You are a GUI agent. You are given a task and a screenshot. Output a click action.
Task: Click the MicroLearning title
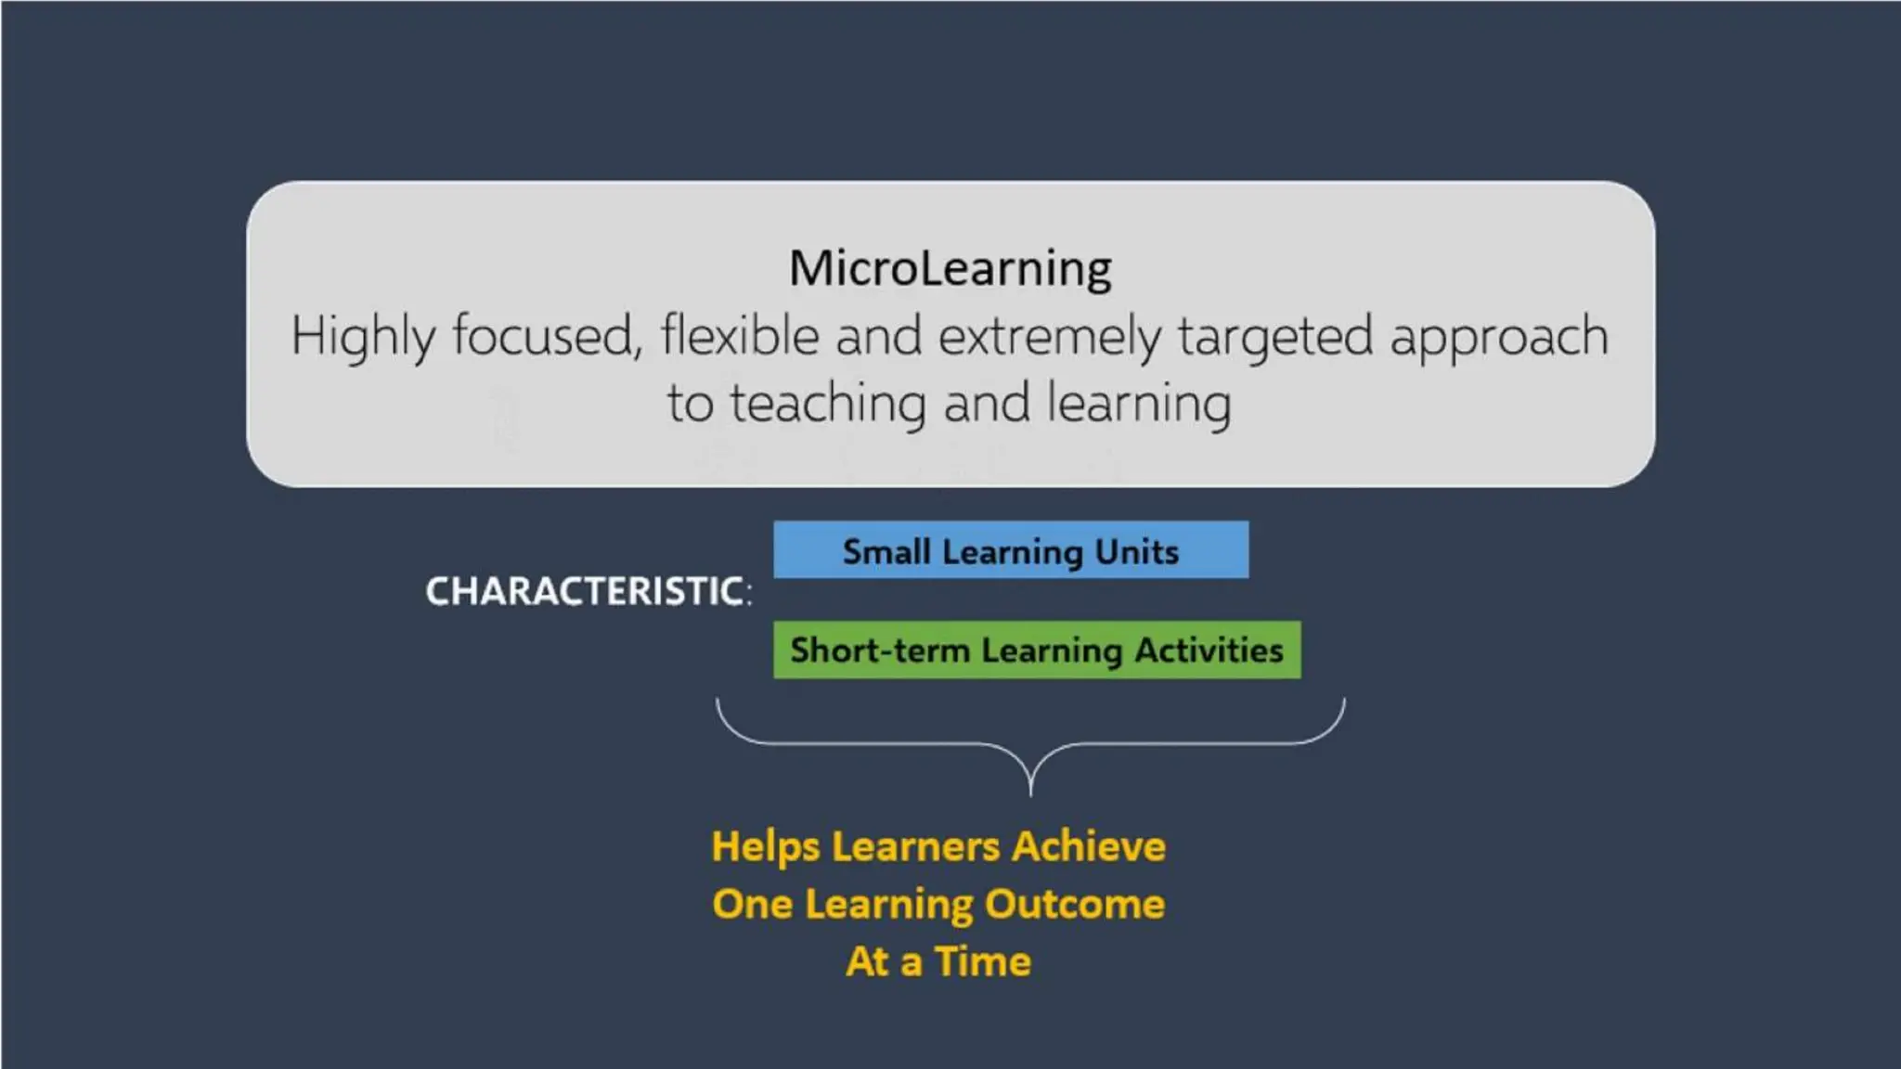tap(950, 268)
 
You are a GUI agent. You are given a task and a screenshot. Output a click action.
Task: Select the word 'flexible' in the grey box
tap(740, 336)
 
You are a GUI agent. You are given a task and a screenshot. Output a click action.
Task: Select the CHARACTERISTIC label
tap(588, 591)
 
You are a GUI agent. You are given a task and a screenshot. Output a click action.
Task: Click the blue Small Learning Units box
tap(1010, 549)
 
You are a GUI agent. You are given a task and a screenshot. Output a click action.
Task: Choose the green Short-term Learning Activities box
tap(1036, 650)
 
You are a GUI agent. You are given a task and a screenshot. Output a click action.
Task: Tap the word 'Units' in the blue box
tap(1136, 551)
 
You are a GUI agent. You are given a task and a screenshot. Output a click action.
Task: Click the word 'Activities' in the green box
tap(1209, 650)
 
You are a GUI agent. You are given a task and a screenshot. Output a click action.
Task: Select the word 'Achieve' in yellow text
tap(1089, 846)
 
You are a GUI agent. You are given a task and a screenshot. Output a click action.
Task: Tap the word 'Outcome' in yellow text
tap(1075, 904)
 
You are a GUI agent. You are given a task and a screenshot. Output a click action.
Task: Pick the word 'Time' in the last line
tap(983, 961)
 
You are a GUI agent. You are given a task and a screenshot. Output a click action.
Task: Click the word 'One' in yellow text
tap(752, 904)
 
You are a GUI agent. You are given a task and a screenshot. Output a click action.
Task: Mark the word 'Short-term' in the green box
tap(879, 650)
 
